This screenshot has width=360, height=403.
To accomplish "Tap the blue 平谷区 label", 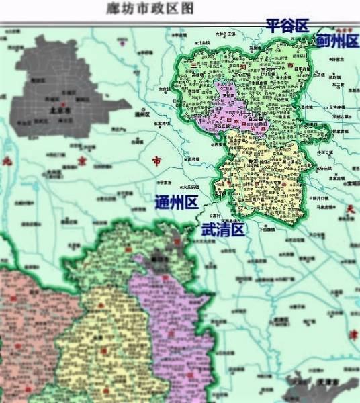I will coord(287,26).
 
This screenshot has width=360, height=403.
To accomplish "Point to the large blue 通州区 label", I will coord(177,201).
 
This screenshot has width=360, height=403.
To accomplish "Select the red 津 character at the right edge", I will coord(351,353).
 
